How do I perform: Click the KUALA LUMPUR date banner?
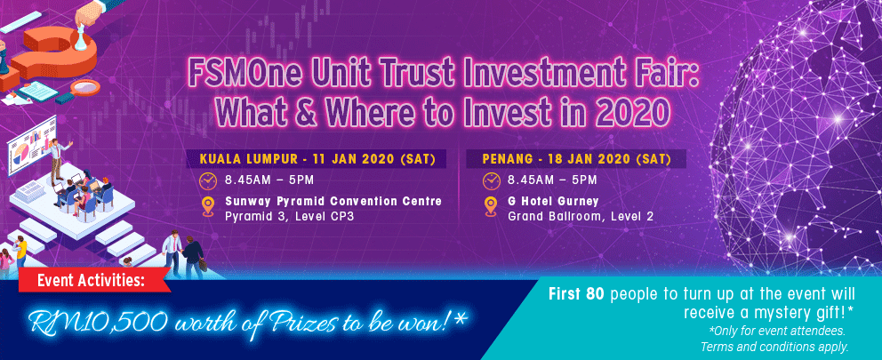pos(317,159)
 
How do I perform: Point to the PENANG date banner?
pos(576,159)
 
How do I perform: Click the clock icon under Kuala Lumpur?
pos(207,180)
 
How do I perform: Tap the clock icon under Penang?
pos(491,180)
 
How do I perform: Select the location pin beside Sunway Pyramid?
pos(208,206)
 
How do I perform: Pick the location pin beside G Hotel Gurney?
pos(491,206)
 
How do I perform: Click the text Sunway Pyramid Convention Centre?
pos(333,202)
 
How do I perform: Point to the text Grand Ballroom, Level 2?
pos(581,216)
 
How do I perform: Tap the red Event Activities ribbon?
pos(94,281)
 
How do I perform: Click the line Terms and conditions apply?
pos(774,346)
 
